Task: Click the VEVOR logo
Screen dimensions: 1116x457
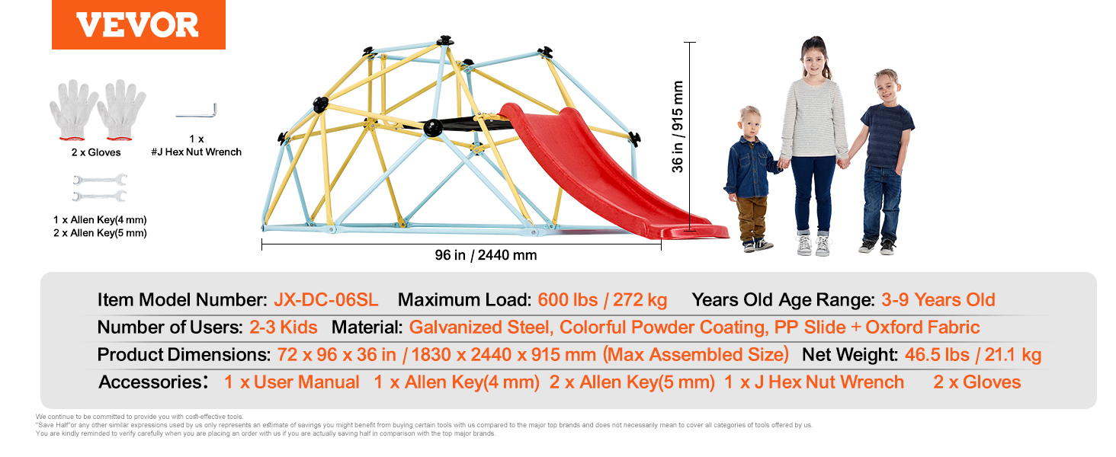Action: coord(138,24)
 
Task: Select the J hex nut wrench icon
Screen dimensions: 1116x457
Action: coord(197,111)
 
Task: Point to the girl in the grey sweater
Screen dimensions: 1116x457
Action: coord(814,145)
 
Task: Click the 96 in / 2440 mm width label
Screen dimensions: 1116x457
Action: coord(486,255)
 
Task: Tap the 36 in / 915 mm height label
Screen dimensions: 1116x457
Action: coord(677,127)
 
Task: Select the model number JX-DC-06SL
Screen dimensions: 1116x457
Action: coord(325,299)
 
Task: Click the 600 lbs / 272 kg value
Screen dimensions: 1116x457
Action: coord(602,299)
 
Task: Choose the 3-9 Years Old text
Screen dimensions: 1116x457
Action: coord(938,299)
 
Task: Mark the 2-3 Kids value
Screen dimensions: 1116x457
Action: coord(283,327)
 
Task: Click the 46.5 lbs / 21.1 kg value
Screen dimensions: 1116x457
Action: coord(973,354)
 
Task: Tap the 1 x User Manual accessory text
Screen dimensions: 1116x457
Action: coord(291,382)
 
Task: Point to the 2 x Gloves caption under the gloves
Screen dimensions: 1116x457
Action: coord(96,152)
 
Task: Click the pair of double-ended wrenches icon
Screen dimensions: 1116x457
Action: coord(100,187)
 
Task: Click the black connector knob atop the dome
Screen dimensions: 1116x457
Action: coord(444,40)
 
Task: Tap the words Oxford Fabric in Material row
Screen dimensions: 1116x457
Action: coord(922,327)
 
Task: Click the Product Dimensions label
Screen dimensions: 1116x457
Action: coord(184,354)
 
